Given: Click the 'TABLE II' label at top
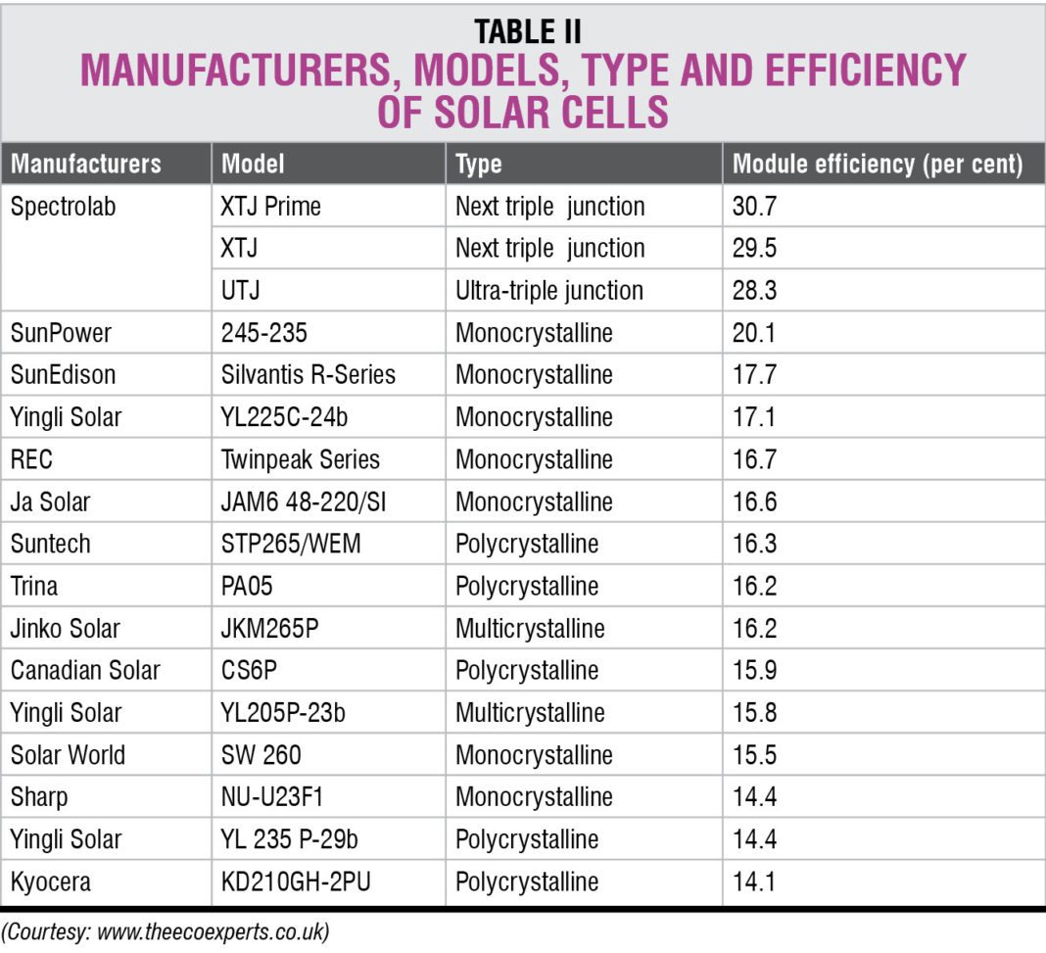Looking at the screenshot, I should (x=527, y=32).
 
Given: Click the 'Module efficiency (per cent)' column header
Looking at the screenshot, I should (x=877, y=164).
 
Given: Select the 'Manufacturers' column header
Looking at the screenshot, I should (x=86, y=164).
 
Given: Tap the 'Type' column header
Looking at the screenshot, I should (x=478, y=164).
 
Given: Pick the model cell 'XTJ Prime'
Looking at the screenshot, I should (x=271, y=207).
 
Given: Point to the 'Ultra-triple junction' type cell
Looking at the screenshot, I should (x=548, y=291).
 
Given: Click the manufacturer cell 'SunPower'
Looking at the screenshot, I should (x=61, y=333).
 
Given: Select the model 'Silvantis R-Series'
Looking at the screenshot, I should (x=309, y=375).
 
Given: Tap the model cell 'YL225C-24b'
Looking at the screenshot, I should (x=285, y=417).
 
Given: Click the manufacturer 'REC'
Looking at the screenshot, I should (x=30, y=459).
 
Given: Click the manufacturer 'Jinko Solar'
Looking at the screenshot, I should (x=67, y=628).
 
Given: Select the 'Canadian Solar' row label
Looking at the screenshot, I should (x=84, y=671).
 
